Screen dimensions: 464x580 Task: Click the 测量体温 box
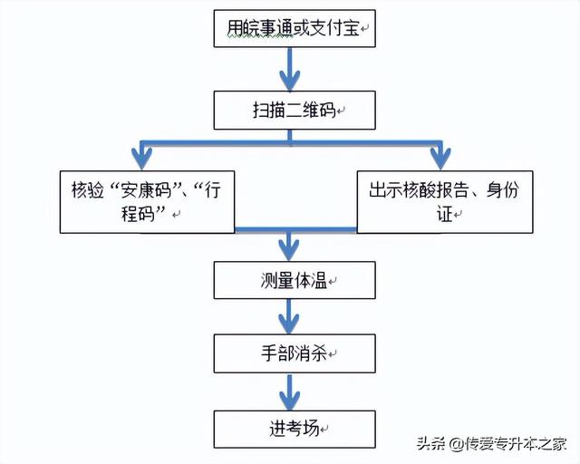pyautogui.click(x=293, y=280)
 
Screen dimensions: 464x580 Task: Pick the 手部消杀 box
pyautogui.click(x=293, y=353)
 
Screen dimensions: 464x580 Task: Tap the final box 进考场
pyautogui.click(x=293, y=429)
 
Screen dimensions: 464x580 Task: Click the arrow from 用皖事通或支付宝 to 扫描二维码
pyautogui.click(x=289, y=69)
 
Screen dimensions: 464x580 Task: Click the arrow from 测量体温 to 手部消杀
pyautogui.click(x=289, y=316)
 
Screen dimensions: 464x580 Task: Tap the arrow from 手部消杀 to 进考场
pyautogui.click(x=289, y=391)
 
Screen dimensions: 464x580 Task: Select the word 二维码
pyautogui.click(x=310, y=111)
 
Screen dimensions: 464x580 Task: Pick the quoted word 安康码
pyautogui.click(x=138, y=191)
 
